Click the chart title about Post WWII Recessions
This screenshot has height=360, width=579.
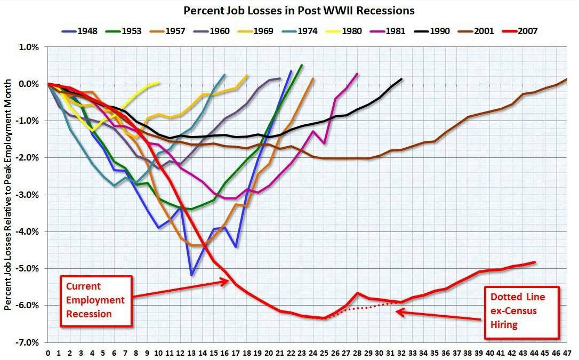coord(299,10)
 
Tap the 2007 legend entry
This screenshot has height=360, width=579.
coord(524,31)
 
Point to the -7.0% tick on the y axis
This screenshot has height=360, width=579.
coord(29,342)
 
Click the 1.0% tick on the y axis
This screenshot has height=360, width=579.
coord(30,47)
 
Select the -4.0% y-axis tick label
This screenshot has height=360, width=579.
coord(29,231)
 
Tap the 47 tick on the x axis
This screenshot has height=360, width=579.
coord(567,353)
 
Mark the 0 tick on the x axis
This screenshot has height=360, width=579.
coord(48,353)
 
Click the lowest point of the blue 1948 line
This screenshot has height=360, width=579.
coord(191,275)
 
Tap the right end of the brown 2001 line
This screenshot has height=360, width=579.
coord(567,79)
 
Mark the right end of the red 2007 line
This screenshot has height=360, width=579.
coord(534,262)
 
